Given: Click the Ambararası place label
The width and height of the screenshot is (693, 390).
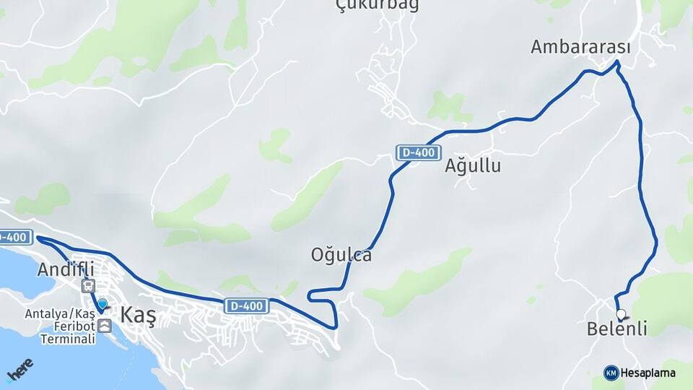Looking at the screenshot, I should coord(580,48).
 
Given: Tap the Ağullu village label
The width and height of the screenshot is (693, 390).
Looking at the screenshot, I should coord(473,166).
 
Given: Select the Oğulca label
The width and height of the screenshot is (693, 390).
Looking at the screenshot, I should coord(341,255).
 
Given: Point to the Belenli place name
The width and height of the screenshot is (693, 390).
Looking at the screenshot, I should coord(616,329).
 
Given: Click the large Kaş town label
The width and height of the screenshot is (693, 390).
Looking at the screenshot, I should coord(138,316).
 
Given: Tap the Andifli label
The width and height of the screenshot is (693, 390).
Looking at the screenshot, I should coord(66,269).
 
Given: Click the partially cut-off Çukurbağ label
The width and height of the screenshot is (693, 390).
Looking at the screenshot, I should coord(378,6).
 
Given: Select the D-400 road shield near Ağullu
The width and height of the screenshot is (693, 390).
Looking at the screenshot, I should coord(419,152).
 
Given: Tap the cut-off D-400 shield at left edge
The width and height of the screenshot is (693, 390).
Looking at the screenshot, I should coord(14,236).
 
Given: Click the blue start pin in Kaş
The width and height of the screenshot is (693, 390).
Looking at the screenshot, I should coord(103,306).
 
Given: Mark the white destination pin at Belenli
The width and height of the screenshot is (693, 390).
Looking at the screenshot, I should coord(621,314).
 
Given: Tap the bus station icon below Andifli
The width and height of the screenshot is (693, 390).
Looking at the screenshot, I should coord(88,286).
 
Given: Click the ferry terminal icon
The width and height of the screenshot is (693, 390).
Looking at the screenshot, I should coord(105,326).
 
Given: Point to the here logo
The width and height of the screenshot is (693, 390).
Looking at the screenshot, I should coord(19,368).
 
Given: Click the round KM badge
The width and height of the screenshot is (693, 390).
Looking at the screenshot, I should coord(611,373).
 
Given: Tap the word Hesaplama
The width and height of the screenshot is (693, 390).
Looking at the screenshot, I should coord(648,373).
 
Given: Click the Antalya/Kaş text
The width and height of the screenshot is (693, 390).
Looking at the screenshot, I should coord(59,314).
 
